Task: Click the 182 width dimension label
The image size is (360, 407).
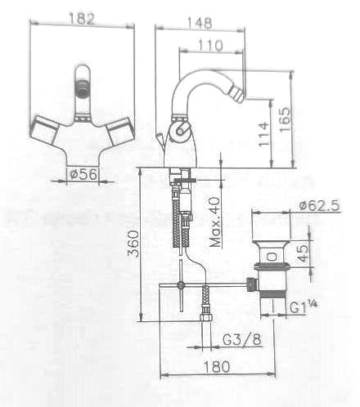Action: tap(82, 19)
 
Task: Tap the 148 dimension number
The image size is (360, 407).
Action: tap(199, 23)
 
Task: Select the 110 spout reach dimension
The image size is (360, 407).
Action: tap(210, 45)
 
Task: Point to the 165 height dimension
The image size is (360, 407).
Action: tap(285, 119)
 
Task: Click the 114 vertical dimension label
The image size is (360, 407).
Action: tap(263, 134)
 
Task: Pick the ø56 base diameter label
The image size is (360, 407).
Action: tap(83, 174)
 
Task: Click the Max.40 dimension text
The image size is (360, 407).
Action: tap(214, 222)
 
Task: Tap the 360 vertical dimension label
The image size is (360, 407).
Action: tap(134, 244)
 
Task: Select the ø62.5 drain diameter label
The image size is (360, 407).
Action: tap(319, 205)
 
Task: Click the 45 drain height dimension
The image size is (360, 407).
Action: tap(304, 253)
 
